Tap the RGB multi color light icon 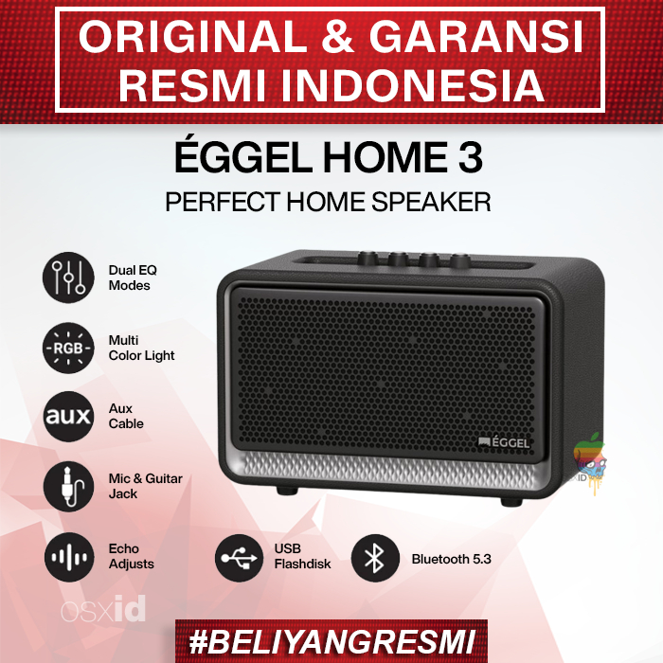pyautogui.click(x=68, y=348)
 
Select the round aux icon pyautogui.click(x=68, y=417)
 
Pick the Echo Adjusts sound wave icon pyautogui.click(x=68, y=557)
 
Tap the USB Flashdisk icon pyautogui.click(x=240, y=557)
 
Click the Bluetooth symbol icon pyautogui.click(x=375, y=557)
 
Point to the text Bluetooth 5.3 pyautogui.click(x=451, y=559)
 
